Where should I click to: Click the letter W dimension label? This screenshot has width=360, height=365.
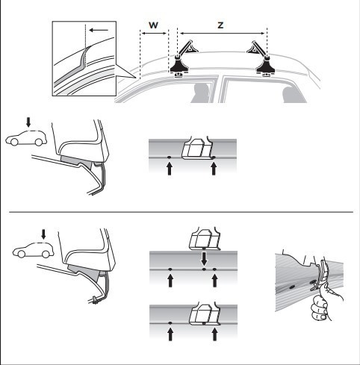tap(153, 25)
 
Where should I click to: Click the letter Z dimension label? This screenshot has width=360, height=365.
tap(220, 25)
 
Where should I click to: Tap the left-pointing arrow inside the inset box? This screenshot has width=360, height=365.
tap(99, 31)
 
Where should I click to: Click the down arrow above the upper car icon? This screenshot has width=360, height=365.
tap(28, 122)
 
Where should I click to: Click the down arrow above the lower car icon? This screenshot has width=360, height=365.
tap(43, 234)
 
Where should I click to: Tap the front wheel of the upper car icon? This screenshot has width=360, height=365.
tap(14, 142)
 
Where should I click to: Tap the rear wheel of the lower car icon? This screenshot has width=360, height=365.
tap(46, 254)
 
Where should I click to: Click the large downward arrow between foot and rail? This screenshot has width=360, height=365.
tap(204, 259)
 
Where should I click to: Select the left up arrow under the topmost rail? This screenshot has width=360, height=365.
tap(170, 169)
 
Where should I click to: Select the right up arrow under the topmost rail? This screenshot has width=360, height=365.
tap(214, 169)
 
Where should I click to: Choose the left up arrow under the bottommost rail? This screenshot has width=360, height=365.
tap(170, 334)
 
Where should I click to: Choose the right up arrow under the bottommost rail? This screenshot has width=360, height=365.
tap(214, 334)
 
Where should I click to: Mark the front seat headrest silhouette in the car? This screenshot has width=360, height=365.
tap(202, 93)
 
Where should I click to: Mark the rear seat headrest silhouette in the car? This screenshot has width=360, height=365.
tap(294, 95)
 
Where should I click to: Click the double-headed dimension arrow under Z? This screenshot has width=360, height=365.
tap(223, 34)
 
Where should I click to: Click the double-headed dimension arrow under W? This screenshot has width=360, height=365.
tap(153, 34)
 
